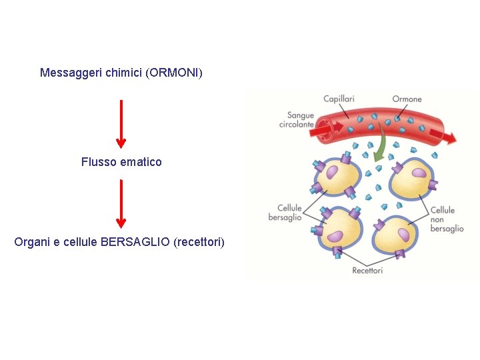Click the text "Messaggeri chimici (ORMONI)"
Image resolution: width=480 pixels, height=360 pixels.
121,72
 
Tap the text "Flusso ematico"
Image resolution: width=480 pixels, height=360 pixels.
121,162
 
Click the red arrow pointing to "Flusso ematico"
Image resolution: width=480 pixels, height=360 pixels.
121,123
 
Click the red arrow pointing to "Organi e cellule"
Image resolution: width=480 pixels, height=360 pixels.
121,204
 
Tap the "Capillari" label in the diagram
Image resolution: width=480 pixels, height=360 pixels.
339,99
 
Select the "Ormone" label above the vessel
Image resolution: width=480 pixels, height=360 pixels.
407,99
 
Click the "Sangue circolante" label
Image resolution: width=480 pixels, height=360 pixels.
297,120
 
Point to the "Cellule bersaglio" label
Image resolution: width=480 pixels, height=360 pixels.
286,213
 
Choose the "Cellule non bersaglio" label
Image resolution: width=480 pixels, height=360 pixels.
446,219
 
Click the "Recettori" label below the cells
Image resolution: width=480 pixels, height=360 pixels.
367,271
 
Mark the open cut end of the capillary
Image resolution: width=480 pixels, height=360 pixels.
325,129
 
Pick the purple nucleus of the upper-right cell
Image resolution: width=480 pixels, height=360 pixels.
419,173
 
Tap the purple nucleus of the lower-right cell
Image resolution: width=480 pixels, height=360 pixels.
404,234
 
